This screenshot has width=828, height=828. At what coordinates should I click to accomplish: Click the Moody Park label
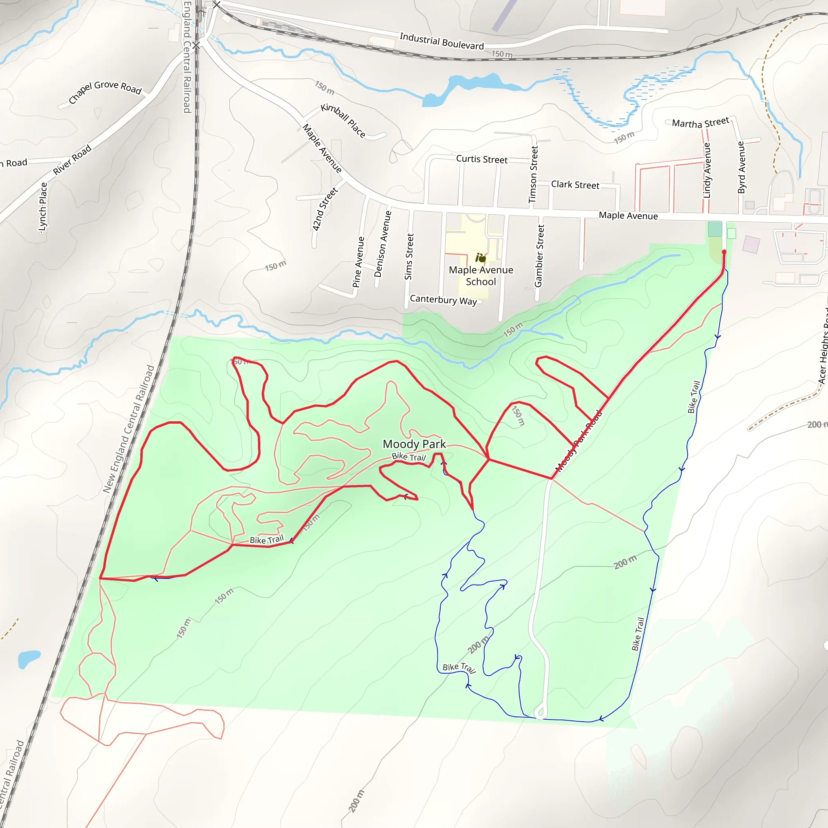pyautogui.click(x=414, y=444)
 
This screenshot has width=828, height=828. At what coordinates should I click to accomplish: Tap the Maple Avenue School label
pyautogui.click(x=481, y=276)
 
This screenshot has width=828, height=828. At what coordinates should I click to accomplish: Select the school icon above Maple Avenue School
pyautogui.click(x=480, y=258)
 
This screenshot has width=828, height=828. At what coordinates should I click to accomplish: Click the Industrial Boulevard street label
pyautogui.click(x=441, y=41)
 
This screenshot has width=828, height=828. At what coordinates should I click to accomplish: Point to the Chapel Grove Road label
pyautogui.click(x=105, y=91)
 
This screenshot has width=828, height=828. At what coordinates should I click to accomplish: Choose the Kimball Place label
pyautogui.click(x=343, y=120)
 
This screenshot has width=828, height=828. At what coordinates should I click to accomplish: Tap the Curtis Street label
pyautogui.click(x=482, y=159)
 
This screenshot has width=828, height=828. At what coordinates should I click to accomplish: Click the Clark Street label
pyautogui.click(x=575, y=185)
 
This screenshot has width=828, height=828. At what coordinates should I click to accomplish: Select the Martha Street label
pyautogui.click(x=700, y=123)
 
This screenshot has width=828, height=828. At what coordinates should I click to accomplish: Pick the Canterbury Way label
pyautogui.click(x=443, y=300)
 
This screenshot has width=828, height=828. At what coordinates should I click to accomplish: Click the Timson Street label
pyautogui.click(x=533, y=175)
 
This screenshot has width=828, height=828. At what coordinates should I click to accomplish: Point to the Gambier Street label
pyautogui.click(x=539, y=256)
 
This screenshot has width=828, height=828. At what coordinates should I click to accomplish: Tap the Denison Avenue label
pyautogui.click(x=383, y=244)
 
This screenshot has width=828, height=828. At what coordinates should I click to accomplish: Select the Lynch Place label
pyautogui.click(x=43, y=208)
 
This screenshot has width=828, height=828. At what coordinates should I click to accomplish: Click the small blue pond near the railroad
pyautogui.click(x=29, y=658)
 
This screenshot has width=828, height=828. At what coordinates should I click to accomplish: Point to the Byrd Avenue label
pyautogui.click(x=741, y=167)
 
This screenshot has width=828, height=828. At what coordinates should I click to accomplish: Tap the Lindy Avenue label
pyautogui.click(x=707, y=171)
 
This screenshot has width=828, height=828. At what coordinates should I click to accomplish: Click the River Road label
pyautogui.click(x=72, y=160)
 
